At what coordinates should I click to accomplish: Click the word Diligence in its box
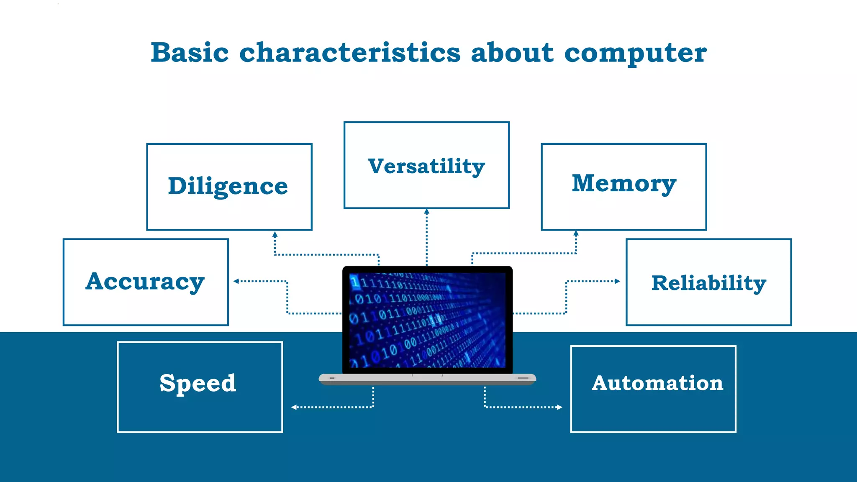pyautogui.click(x=228, y=186)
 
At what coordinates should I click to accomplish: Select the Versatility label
pyautogui.click(x=426, y=166)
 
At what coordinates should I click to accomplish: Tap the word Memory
pyautogui.click(x=624, y=183)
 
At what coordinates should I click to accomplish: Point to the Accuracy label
pyautogui.click(x=145, y=281)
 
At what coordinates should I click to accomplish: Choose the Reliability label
pyautogui.click(x=708, y=283)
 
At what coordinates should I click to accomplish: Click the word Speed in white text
pyautogui.click(x=198, y=383)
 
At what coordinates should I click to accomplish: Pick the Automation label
pyautogui.click(x=657, y=383)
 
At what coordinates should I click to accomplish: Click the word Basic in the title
pyautogui.click(x=190, y=53)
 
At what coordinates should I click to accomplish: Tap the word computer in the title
pyautogui.click(x=635, y=54)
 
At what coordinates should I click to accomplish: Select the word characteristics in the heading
pyautogui.click(x=350, y=53)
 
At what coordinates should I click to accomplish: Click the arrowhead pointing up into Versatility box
pyautogui.click(x=427, y=212)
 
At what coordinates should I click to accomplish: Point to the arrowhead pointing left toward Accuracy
pyautogui.click(x=236, y=281)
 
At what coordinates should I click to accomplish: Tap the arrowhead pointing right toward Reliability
pyautogui.click(x=617, y=281)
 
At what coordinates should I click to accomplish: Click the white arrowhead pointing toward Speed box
pyautogui.click(x=294, y=407)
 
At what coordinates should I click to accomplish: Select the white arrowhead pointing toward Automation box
pyautogui.click(x=559, y=407)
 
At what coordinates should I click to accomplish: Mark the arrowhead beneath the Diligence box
pyautogui.click(x=275, y=235)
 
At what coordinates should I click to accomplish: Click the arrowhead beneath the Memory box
pyautogui.click(x=576, y=233)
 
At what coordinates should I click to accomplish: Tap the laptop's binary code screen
pyautogui.click(x=427, y=320)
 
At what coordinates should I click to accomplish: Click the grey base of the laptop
pyautogui.click(x=427, y=379)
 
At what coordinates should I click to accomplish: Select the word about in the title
pyautogui.click(x=512, y=53)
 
